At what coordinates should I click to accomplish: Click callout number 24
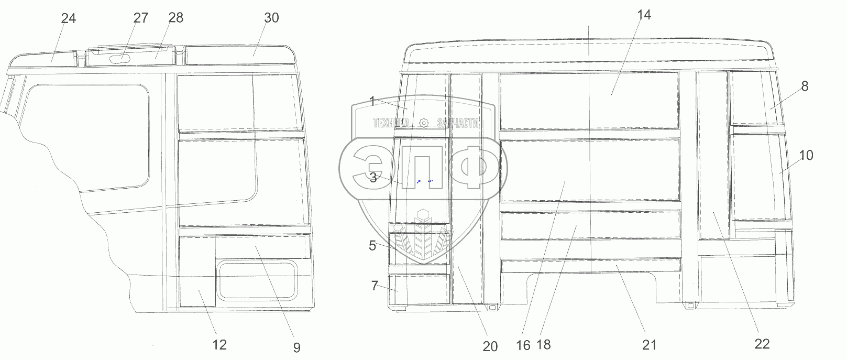[x=69, y=18]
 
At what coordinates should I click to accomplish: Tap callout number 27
[x=141, y=18]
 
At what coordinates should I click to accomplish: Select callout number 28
[x=176, y=17]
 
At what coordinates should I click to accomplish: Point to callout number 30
[x=271, y=17]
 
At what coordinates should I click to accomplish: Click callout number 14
[x=644, y=15]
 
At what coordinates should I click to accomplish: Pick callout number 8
[x=805, y=86]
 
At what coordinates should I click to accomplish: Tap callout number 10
[x=806, y=155]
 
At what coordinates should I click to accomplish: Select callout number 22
[x=762, y=344]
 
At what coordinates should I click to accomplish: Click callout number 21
[x=649, y=345]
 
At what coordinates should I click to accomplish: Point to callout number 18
[x=543, y=345]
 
